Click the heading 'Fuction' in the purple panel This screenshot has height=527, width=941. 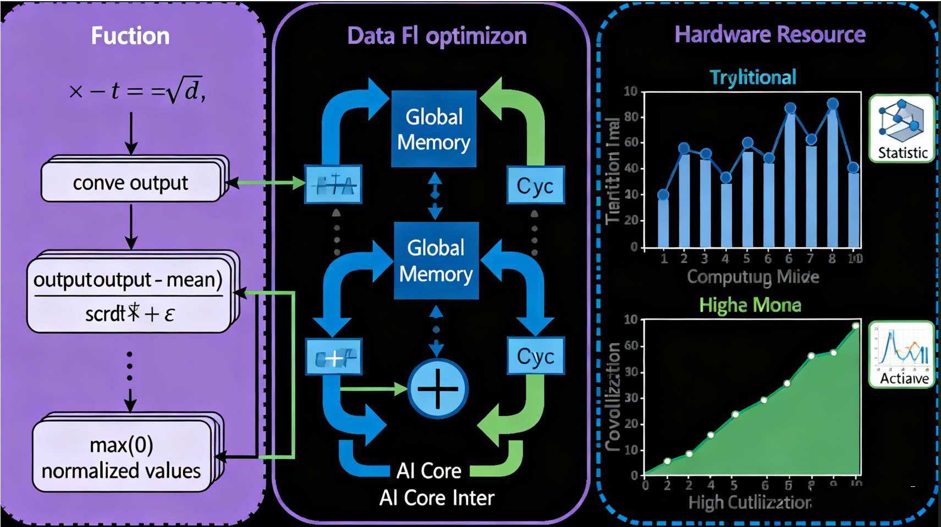[x=130, y=36]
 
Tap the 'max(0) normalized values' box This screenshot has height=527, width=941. [x=122, y=457]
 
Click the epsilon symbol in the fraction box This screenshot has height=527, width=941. [x=169, y=314]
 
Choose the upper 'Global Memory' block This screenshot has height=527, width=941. [x=433, y=129]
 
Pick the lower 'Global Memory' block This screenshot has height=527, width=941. [x=436, y=260]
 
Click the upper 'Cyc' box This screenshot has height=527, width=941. [x=535, y=186]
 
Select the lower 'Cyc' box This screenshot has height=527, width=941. [x=535, y=357]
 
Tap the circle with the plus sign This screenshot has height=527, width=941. [x=438, y=389]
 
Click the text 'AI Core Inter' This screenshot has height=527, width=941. [x=437, y=498]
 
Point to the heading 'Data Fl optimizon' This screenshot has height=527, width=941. [x=437, y=36]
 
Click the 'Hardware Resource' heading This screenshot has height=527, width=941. [x=769, y=34]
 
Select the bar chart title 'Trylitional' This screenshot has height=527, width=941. [x=752, y=77]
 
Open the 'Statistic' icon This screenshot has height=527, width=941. [x=902, y=129]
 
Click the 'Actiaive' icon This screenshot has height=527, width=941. [x=902, y=354]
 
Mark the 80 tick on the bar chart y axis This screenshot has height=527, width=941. [x=631, y=117]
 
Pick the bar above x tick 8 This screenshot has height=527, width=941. [x=832, y=176]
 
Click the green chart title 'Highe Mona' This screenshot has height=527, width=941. [x=750, y=305]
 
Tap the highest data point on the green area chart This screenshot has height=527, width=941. [x=856, y=326]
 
